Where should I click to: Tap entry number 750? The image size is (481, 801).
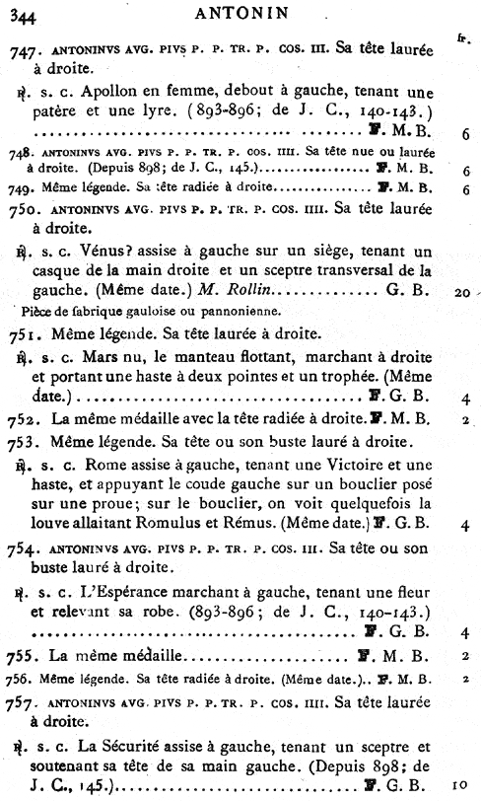25,209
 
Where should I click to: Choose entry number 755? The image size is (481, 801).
25,655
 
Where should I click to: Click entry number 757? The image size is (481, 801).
25,702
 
